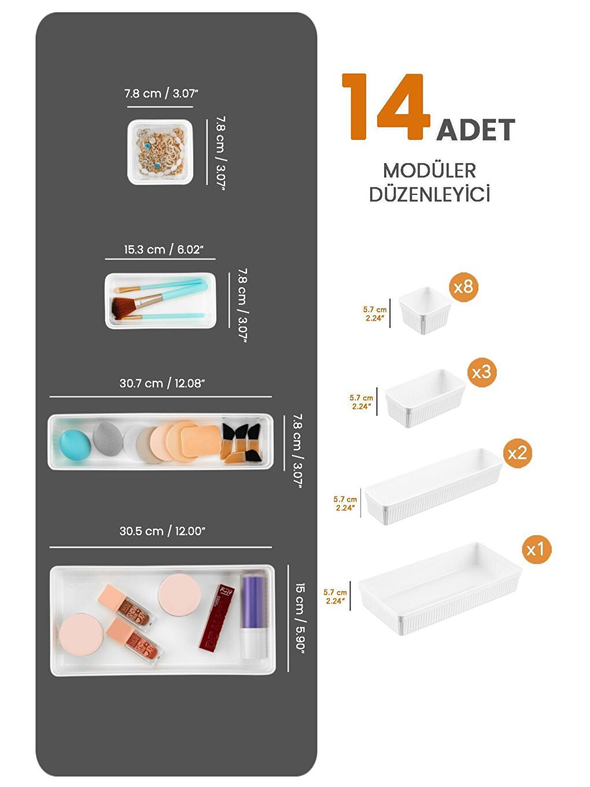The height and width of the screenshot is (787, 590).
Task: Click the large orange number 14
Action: point(386,108)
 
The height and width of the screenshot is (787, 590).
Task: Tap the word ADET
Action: point(475,130)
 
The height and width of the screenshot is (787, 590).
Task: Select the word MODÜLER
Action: point(429,171)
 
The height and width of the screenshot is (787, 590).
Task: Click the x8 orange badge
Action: point(463,286)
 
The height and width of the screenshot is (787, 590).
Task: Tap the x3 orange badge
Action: point(481,372)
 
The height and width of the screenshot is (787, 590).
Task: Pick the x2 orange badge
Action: point(517,453)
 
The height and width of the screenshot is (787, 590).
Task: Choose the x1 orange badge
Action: point(536,549)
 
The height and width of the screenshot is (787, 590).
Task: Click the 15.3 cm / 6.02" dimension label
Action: point(163,249)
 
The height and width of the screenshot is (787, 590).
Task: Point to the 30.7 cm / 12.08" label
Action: point(162,383)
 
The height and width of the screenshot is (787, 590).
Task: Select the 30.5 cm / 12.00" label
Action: point(162,531)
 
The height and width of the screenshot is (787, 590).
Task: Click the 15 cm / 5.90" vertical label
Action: point(300,616)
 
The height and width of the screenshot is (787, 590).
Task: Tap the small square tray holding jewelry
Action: point(160,152)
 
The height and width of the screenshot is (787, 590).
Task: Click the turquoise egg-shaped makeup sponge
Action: point(75,444)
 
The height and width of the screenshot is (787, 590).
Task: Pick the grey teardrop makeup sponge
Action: point(105,439)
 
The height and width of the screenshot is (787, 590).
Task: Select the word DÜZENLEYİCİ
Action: point(429,194)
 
